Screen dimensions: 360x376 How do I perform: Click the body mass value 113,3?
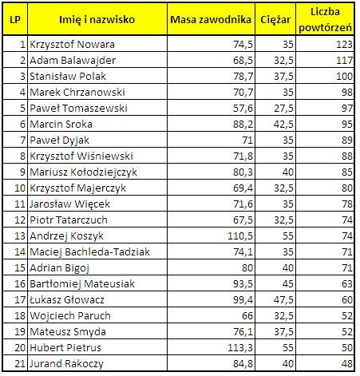click(x=237, y=348)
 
